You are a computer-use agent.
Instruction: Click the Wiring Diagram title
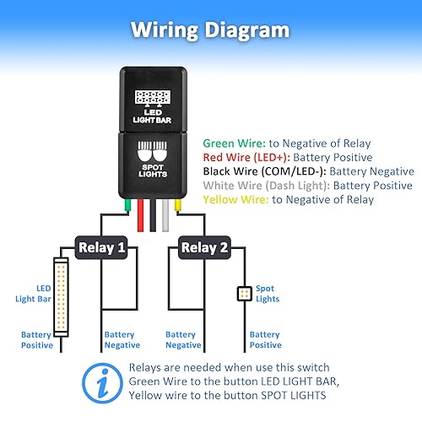[x=210, y=30]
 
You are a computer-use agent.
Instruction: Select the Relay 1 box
[x=101, y=248]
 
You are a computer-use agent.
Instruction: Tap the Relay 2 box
[x=205, y=248]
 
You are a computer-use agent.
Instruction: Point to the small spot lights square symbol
[x=243, y=294]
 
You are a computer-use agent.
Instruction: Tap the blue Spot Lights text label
[x=267, y=294]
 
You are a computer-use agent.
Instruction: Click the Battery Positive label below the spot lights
[x=265, y=340]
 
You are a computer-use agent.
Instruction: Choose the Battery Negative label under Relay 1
[x=123, y=340]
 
